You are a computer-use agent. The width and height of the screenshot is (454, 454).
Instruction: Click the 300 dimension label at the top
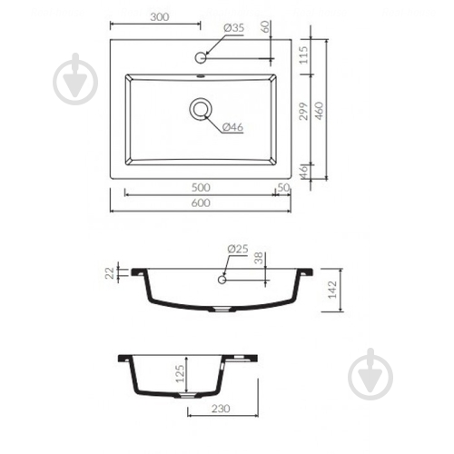click(x=160, y=17)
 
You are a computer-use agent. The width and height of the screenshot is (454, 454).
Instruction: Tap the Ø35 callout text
click(x=233, y=28)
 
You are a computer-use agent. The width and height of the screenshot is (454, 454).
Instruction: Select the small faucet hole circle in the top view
click(x=201, y=57)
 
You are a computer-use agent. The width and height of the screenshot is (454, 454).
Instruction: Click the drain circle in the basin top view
click(x=201, y=109)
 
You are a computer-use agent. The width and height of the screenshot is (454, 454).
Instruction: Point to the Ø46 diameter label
click(x=232, y=127)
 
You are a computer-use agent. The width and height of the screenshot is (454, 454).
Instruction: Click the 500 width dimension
click(x=201, y=188)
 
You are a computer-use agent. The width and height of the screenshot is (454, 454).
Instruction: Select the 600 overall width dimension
click(x=201, y=202)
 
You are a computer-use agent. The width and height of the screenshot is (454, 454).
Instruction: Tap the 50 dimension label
click(x=283, y=188)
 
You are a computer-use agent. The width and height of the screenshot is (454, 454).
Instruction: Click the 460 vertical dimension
click(x=320, y=111)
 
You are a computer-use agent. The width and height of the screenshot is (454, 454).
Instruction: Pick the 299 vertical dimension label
click(x=303, y=111)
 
